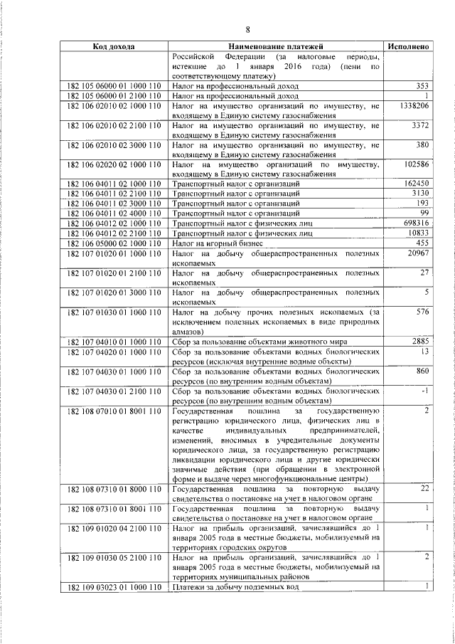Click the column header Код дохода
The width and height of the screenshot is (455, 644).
click(114, 46)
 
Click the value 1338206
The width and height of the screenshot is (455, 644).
click(413, 105)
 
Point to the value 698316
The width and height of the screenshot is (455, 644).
click(414, 223)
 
